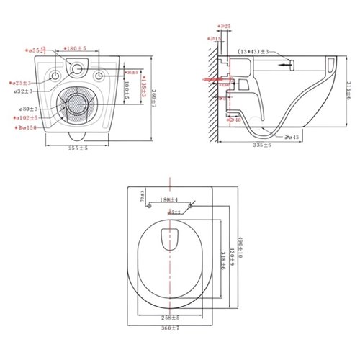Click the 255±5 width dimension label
(79, 148)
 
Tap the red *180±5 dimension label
(73, 48)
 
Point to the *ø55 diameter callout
(35, 51)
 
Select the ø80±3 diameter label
(29, 109)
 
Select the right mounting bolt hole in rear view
(102, 74)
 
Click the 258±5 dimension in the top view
(170, 316)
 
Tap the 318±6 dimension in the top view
(221, 264)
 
